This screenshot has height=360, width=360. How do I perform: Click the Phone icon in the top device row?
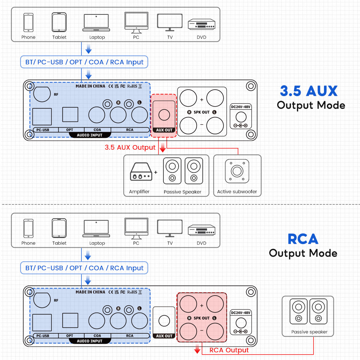click(28, 22)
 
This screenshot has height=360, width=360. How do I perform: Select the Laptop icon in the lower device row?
click(96, 229)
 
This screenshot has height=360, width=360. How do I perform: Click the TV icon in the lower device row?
click(170, 229)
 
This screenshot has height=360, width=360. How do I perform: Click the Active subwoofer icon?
click(237, 171)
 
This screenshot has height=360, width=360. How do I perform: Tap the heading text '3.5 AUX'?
click(309, 91)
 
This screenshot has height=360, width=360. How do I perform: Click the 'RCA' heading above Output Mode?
click(303, 239)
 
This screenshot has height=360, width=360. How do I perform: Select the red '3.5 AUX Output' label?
click(130, 147)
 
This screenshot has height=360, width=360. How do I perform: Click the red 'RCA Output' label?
click(229, 350)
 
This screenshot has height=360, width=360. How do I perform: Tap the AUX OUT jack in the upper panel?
click(164, 114)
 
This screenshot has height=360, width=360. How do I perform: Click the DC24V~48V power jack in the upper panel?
click(240, 117)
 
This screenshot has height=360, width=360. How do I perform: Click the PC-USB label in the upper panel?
click(43, 130)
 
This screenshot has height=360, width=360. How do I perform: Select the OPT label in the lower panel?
click(70, 336)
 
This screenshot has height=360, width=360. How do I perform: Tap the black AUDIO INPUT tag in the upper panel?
click(90, 135)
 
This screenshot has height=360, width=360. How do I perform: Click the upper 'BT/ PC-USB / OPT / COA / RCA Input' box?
click(84, 62)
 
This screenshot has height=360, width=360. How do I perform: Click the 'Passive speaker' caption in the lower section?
click(309, 332)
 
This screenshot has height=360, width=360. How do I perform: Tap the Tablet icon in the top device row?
click(59, 22)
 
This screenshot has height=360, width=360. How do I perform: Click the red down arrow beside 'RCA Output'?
click(197, 349)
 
